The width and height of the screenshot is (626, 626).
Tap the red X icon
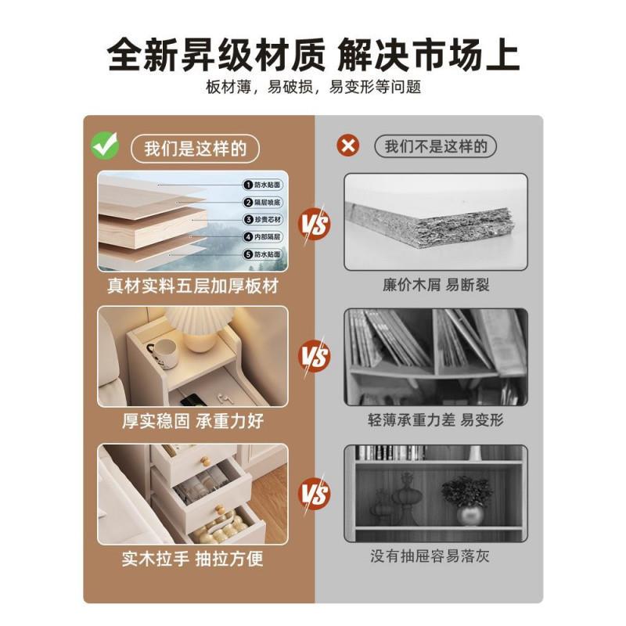coord(347,146)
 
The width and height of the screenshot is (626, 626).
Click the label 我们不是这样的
coord(436,146)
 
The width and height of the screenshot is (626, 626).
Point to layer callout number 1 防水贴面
coord(262,185)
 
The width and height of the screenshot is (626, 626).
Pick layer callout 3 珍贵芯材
coord(262,220)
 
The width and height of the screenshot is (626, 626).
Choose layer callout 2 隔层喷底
coord(262,203)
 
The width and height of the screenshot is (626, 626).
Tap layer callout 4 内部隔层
coord(262,237)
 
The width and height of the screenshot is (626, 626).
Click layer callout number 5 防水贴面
coord(262,254)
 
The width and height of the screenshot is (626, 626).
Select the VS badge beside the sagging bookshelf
coord(315,358)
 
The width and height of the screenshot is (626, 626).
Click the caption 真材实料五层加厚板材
coord(192,286)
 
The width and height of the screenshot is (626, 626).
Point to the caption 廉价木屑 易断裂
coord(436,286)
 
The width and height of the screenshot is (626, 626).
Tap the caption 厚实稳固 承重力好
coord(192,421)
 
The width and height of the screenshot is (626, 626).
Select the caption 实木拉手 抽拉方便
coord(192,558)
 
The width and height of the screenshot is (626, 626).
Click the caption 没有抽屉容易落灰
coord(436,557)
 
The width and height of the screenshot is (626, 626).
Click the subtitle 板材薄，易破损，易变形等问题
coord(313,87)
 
